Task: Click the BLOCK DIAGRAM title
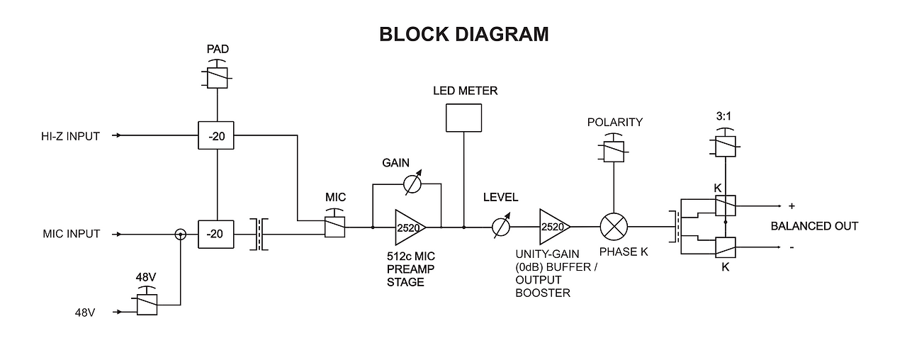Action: pos(464,34)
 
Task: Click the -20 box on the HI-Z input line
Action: pos(218,135)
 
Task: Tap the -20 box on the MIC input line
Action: pos(218,234)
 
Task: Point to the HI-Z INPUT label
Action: pos(71,135)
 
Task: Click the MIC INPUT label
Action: pos(72,234)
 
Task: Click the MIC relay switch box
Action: pos(334,227)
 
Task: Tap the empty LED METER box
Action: pos(463,118)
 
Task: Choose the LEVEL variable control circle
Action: pos(502,227)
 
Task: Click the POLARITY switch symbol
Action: pos(614,150)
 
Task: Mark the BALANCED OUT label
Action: pos(814,226)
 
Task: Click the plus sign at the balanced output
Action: pos(791,206)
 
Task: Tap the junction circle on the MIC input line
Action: pos(181,234)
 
